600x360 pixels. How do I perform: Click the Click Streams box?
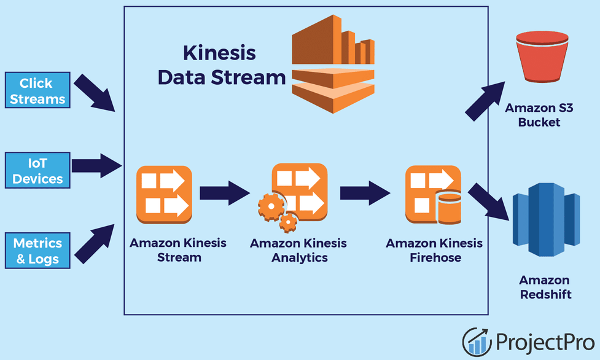(36, 91)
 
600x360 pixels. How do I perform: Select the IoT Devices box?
(37, 171)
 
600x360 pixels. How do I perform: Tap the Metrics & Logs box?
(37, 251)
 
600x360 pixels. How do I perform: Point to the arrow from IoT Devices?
(96, 165)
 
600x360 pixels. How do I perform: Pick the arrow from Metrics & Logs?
(95, 245)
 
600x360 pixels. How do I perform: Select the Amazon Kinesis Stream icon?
(164, 194)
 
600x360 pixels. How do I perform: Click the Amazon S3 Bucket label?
(539, 115)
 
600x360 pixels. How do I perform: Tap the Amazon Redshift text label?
(545, 287)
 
